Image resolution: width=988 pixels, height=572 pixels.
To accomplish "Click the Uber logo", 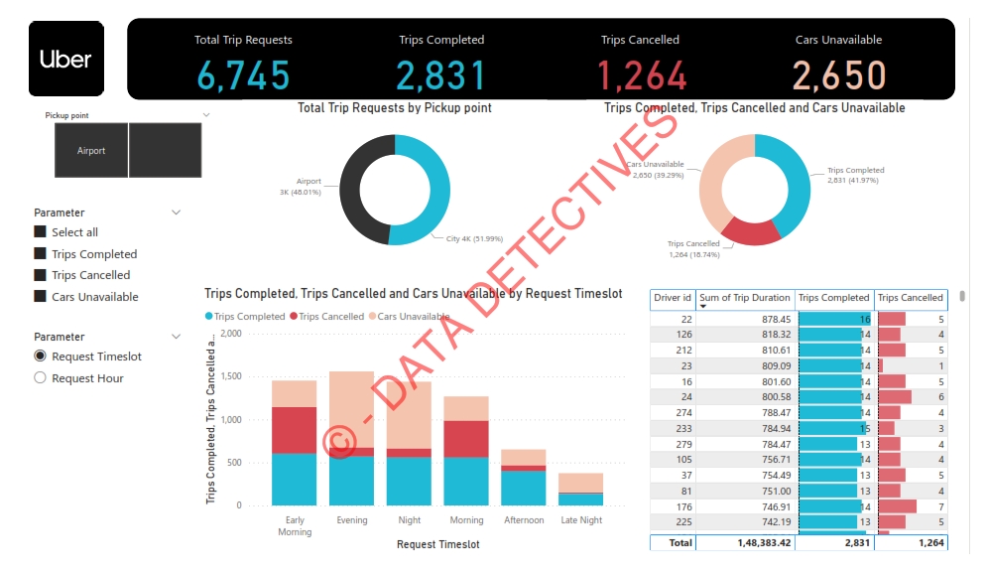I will coord(65,60).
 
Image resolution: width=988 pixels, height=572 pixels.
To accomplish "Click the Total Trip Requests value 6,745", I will coord(243,75).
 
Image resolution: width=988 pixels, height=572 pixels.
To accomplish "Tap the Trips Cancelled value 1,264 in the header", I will coord(641,75).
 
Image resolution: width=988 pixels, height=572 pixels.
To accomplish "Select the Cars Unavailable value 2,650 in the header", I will coord(838,75).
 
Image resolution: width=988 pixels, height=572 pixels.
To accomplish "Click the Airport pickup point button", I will coord(91,151).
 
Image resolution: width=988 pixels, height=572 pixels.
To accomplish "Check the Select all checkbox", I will coord(41,231).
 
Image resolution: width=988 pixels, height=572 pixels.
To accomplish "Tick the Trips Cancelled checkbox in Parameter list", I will coord(41,275).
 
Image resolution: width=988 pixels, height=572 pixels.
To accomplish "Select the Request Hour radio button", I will coord(41,378).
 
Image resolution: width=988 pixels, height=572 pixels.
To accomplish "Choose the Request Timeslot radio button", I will coord(41,357).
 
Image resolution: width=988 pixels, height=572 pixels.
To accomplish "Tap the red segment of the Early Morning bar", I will coord(294,430).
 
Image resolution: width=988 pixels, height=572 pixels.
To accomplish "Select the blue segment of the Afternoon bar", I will coord(523,488).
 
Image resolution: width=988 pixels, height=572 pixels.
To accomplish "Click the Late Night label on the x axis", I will coord(580,520).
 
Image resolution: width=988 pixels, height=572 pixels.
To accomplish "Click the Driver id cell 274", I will coord(685,412).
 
